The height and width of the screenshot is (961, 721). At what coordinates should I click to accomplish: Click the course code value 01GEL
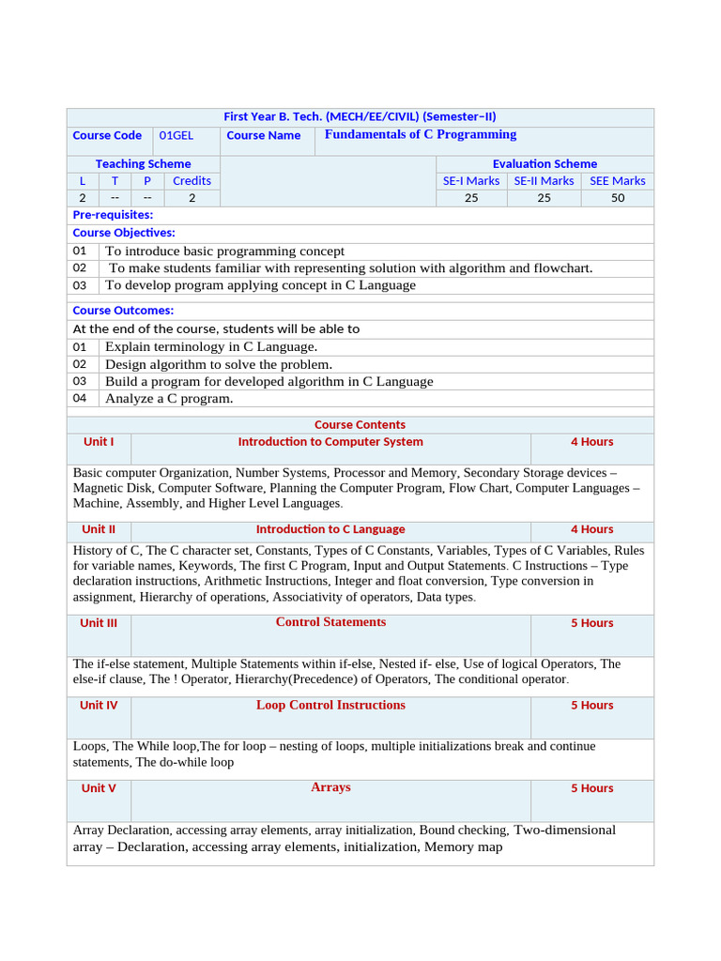176,135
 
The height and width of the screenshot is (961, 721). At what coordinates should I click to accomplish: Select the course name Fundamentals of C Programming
421,134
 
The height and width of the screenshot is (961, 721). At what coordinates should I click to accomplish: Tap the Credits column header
192,180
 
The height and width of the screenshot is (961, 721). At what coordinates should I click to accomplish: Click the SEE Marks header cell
617,180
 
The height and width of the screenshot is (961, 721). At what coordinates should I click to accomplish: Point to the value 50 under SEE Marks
617,198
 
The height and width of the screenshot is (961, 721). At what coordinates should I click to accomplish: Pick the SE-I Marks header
471,180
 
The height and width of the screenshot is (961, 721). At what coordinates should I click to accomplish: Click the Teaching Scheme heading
143,163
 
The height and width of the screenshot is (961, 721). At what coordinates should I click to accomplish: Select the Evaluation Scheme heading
545,163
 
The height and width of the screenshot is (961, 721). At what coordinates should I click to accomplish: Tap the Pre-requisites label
113,215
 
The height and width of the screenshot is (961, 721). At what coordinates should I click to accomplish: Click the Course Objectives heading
124,232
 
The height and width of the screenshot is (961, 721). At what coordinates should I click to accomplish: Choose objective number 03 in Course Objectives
80,285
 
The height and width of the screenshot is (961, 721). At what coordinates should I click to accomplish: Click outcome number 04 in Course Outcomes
80,398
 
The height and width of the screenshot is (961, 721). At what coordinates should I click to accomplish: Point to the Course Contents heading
360,424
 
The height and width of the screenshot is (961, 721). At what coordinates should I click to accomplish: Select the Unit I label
99,441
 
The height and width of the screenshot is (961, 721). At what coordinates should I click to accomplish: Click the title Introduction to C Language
330,529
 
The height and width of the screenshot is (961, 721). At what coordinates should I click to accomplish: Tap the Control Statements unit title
330,622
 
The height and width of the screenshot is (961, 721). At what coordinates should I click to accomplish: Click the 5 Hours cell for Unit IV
591,706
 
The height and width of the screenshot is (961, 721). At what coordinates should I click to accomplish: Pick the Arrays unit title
330,787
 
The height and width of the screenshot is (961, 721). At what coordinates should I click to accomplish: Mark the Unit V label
99,788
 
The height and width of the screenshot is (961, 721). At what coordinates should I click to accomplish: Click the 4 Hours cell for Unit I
591,441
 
